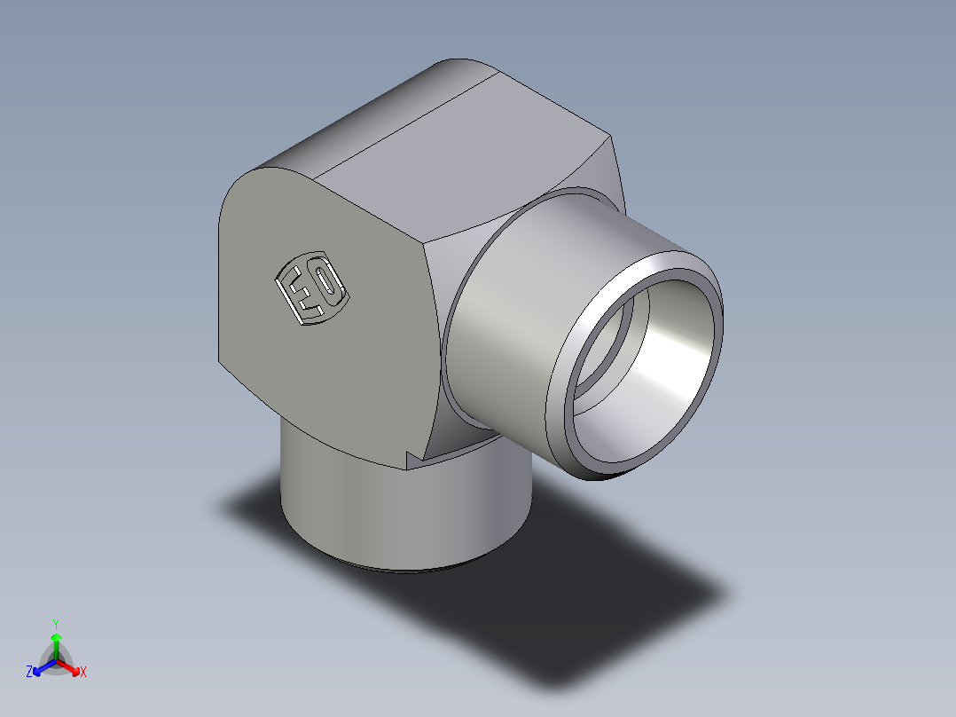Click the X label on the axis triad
83,673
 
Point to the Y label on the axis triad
55,623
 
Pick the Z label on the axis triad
29,672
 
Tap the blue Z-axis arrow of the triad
43,666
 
